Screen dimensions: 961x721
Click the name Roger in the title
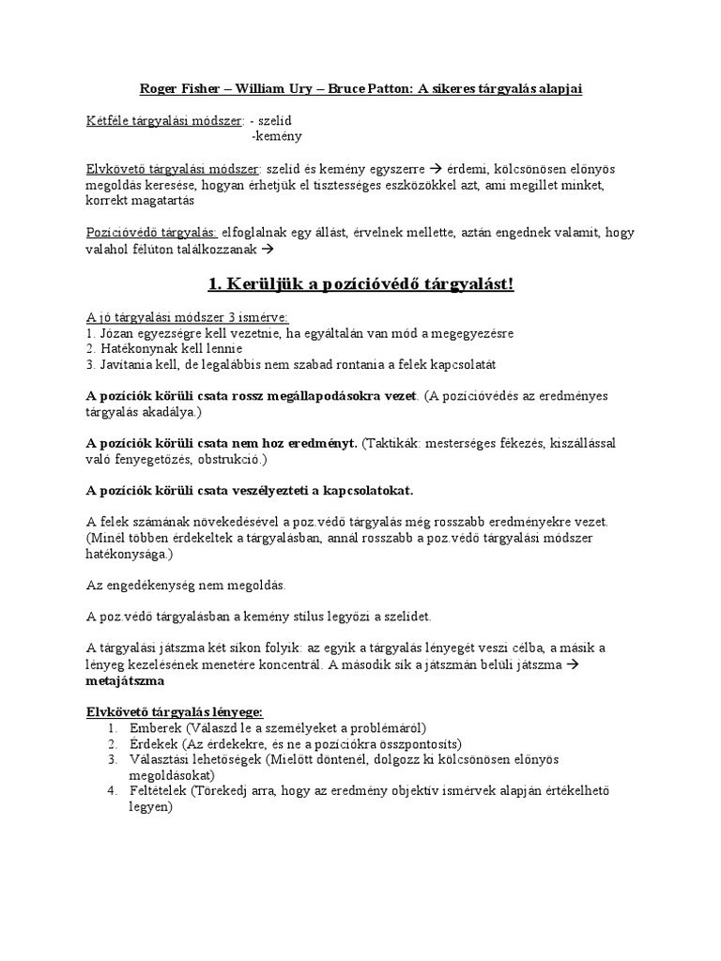pos(158,88)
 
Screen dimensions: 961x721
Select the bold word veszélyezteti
pos(257,491)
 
